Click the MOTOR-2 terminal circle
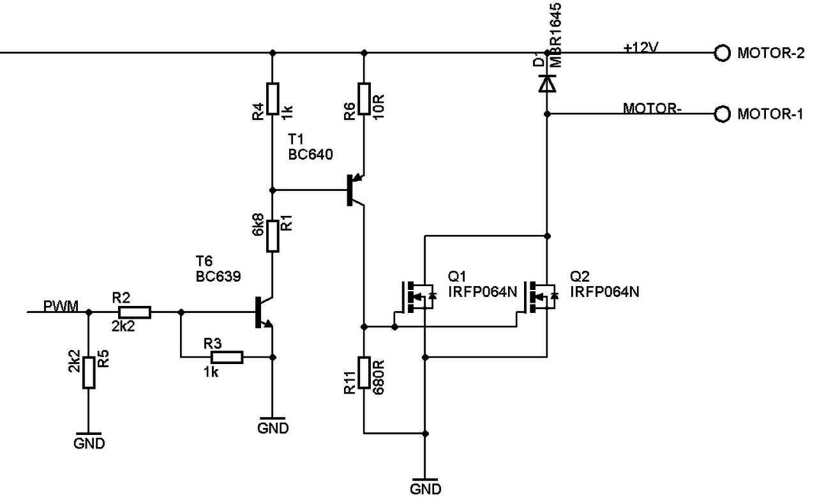click(722, 53)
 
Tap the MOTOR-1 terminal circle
click(722, 114)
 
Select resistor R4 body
click(273, 99)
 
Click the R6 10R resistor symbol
click(364, 99)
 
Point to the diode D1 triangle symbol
click(547, 84)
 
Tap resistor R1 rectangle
click(273, 236)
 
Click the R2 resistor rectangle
click(135, 312)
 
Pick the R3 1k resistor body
click(227, 357)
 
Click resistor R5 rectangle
click(89, 372)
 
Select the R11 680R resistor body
click(364, 372)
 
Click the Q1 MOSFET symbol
click(417, 298)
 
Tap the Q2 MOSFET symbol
click(539, 298)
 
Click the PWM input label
click(61, 306)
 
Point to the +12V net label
click(641, 47)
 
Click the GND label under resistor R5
click(89, 443)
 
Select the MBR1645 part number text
click(555, 35)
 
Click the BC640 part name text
click(310, 155)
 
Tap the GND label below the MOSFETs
click(425, 489)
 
